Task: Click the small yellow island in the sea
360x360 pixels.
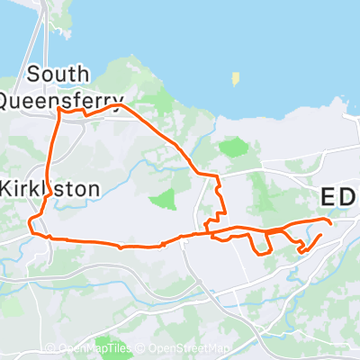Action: click(236, 79)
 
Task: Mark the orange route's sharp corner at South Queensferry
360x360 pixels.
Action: click(60, 112)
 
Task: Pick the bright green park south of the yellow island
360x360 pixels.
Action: click(232, 147)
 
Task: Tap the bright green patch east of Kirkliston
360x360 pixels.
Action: click(163, 199)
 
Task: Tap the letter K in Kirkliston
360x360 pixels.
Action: click(8, 189)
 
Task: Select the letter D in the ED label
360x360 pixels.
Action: click(350, 197)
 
